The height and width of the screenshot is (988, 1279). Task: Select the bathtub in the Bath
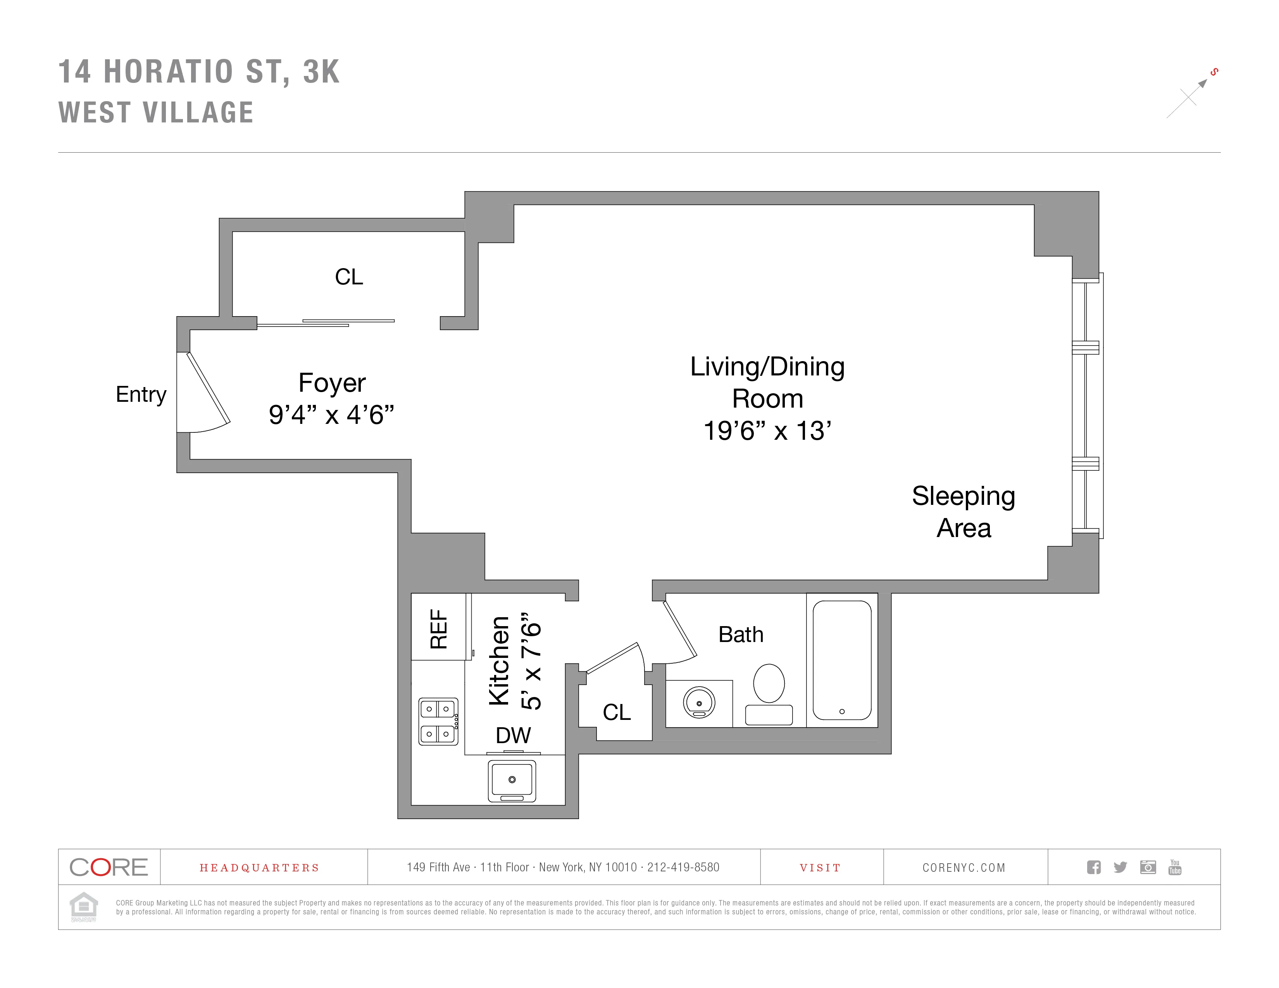coord(841,660)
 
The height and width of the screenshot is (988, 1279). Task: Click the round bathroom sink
coord(699,702)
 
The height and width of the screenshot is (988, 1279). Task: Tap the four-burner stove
coord(438,721)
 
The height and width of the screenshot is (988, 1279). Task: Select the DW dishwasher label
coord(513,735)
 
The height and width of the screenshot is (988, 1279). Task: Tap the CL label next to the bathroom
coord(617,712)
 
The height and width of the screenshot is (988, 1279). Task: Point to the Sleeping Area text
coord(964,511)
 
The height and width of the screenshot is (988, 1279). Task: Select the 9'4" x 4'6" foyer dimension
coord(331,415)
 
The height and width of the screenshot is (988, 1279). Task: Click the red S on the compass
coord(1215,72)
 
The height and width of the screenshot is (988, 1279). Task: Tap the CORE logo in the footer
coord(109,867)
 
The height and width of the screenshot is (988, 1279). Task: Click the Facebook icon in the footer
coord(1093,867)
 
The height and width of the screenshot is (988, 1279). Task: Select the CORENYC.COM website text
coord(964,868)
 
